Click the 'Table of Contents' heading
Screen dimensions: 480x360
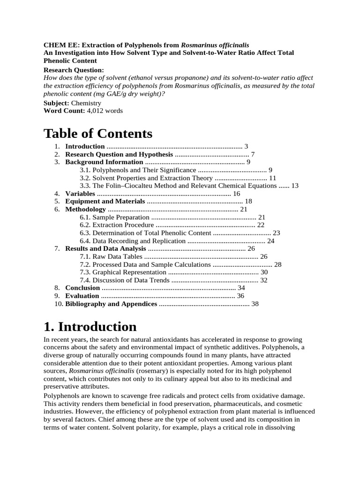coord(98,134)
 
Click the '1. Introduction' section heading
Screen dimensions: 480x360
coord(90,326)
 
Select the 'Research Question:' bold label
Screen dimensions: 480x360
coord(74,70)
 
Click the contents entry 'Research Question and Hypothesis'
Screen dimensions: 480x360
coord(119,154)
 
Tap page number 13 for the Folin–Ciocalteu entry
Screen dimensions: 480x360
coord(294,186)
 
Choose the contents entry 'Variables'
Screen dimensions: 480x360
coord(80,194)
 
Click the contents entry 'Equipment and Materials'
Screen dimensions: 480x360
coord(105,202)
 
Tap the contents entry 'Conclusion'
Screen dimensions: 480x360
coord(82,288)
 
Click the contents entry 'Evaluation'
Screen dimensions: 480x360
coord(82,296)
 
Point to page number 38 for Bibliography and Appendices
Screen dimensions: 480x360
coord(255,304)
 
